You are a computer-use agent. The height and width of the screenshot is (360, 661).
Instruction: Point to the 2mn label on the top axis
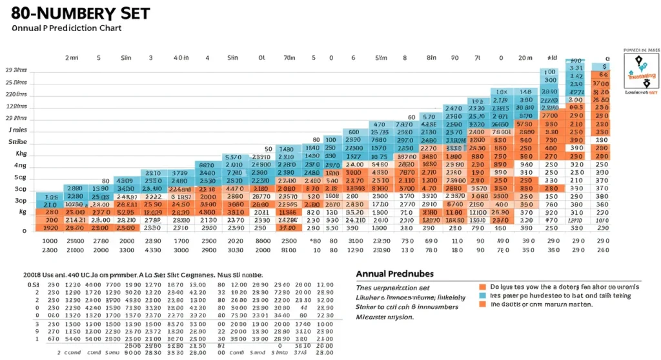pyautogui.click(x=72, y=58)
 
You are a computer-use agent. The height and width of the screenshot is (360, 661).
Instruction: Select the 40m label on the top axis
pyautogui.click(x=181, y=58)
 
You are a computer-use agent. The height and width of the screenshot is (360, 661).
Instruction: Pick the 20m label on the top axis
pyautogui.click(x=525, y=58)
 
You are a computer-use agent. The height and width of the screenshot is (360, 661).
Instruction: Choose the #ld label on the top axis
pyautogui.click(x=553, y=58)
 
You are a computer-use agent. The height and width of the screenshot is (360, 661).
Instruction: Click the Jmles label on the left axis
pyautogui.click(x=17, y=130)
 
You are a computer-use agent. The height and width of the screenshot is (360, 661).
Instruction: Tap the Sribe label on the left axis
pyautogui.click(x=17, y=141)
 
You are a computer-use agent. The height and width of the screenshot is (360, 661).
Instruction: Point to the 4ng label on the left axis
pyautogui.click(x=20, y=166)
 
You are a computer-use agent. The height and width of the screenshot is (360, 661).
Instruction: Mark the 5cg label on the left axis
pyautogui.click(x=20, y=177)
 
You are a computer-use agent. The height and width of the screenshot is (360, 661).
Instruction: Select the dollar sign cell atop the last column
pyautogui.click(x=604, y=66)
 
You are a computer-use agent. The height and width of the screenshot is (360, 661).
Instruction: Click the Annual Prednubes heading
pyautogui.click(x=395, y=273)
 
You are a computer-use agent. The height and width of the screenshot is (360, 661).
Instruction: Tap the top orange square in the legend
pyautogui.click(x=482, y=286)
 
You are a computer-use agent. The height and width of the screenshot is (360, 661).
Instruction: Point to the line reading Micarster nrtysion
pyautogui.click(x=385, y=317)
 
